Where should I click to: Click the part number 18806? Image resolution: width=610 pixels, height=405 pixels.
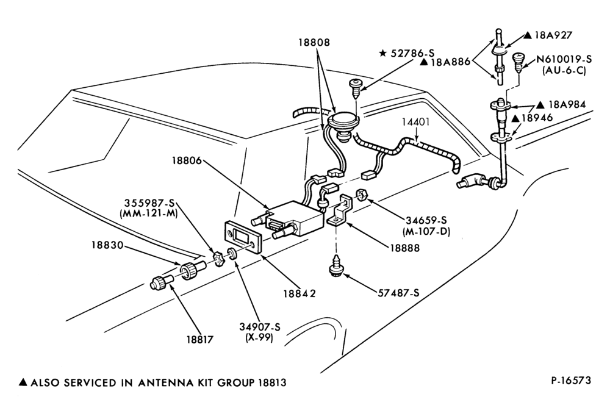click(x=187, y=160)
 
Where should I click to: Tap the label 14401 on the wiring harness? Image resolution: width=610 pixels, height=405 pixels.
click(x=415, y=122)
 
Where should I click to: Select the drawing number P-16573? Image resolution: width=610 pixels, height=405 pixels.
click(x=571, y=380)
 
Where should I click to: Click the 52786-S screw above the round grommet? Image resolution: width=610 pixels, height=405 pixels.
click(x=355, y=89)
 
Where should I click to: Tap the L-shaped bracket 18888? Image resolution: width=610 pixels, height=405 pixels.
click(x=340, y=209)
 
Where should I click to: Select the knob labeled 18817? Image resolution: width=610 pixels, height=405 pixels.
click(x=160, y=282)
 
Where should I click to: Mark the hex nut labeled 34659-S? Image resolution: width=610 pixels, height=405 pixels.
click(x=361, y=193)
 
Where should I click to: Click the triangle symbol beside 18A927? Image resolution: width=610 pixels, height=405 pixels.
click(x=528, y=35)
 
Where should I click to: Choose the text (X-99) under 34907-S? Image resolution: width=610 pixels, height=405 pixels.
click(x=259, y=337)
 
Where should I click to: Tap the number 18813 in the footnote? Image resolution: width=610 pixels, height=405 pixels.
click(x=272, y=383)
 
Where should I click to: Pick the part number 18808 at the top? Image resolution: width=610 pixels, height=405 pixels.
click(x=314, y=42)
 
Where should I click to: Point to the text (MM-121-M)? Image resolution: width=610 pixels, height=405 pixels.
click(x=150, y=213)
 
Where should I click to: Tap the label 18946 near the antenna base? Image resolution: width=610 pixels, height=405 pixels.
click(x=537, y=118)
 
